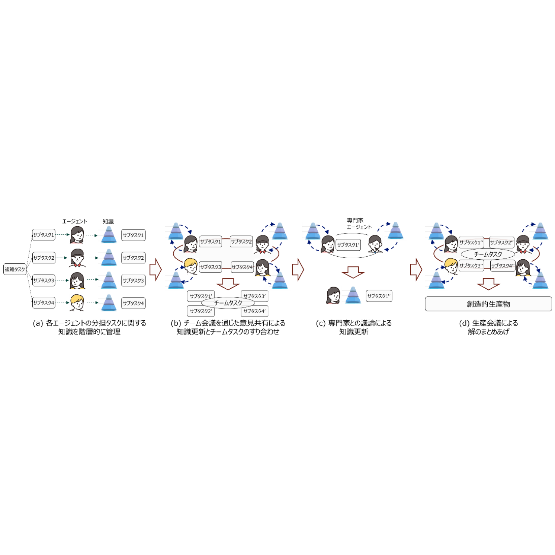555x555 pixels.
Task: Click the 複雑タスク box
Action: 15,269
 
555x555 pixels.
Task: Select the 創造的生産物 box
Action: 488,304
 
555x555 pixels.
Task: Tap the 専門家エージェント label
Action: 359,224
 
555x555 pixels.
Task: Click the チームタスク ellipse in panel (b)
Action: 228,303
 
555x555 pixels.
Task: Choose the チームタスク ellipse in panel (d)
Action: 488,254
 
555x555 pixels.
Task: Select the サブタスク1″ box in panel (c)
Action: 379,296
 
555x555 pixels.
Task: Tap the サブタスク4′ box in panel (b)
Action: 254,311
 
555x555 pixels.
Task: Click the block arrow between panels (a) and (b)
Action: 155,269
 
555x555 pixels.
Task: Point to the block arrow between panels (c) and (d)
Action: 416,269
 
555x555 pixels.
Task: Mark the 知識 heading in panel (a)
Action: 108,221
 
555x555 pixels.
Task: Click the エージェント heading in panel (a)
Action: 74,221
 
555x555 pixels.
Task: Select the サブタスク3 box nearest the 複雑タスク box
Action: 44,280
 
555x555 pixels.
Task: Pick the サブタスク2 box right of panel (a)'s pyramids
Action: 133,258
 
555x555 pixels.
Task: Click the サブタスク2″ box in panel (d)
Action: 501,242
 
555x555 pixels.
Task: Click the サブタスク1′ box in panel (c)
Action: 348,245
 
